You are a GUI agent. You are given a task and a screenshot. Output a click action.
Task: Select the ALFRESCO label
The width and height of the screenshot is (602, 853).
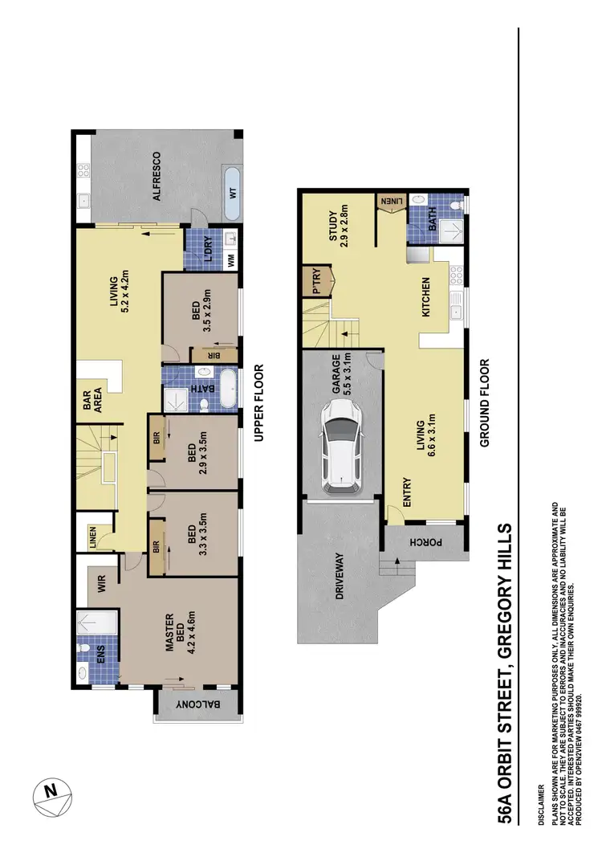[157, 176]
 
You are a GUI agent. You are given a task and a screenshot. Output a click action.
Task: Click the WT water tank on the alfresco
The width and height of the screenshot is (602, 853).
[232, 194]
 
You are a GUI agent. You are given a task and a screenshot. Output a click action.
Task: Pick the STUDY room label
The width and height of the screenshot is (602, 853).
[335, 227]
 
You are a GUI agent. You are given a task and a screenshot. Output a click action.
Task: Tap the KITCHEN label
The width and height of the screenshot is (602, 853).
[425, 297]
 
